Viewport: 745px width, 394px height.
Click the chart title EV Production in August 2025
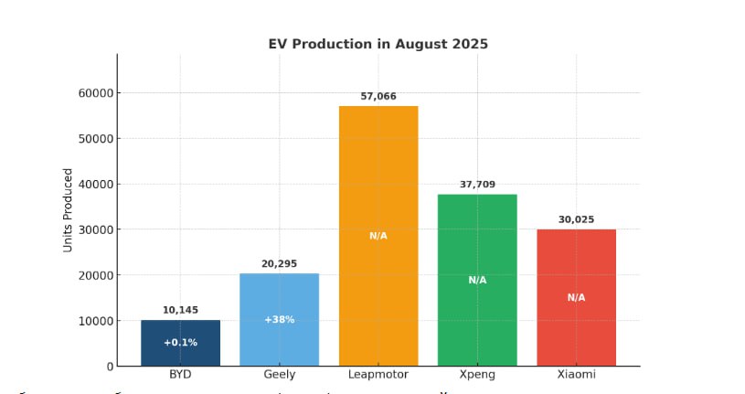click(x=378, y=44)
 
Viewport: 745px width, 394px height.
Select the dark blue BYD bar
click(x=180, y=352)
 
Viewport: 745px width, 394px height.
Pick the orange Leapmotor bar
click(x=378, y=183)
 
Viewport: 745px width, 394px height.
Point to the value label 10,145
click(x=180, y=309)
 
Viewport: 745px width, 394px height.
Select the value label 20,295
click(x=279, y=263)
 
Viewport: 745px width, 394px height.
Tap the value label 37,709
click(x=477, y=184)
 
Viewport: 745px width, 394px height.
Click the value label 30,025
click(x=576, y=218)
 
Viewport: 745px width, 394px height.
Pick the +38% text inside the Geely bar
click(x=279, y=320)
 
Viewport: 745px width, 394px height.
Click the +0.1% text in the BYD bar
click(x=180, y=343)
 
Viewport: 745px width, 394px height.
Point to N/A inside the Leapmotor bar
click(x=378, y=236)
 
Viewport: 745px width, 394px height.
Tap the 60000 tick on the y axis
click(x=94, y=93)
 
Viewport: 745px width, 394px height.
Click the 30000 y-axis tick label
click(x=94, y=229)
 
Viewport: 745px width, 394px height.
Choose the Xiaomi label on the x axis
click(x=576, y=376)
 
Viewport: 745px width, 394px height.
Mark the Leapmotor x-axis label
click(x=378, y=376)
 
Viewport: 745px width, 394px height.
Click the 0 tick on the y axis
click(x=109, y=367)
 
